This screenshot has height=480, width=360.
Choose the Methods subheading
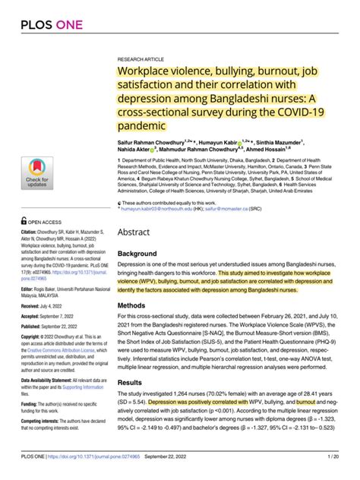pyautogui.click(x=137, y=305)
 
